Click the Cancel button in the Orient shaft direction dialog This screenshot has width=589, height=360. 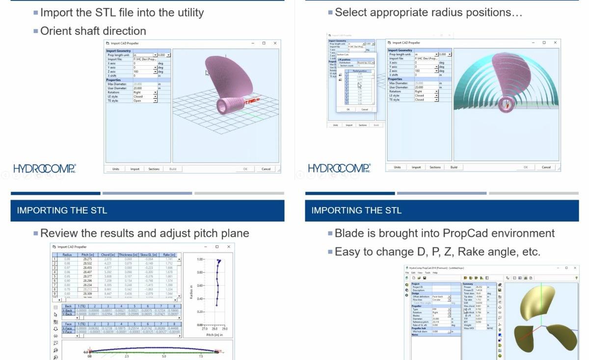[266, 169]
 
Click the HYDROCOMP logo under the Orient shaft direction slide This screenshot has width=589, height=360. [44, 169]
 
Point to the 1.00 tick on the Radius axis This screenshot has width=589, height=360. [200, 259]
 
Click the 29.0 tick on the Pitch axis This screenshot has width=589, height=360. [225, 329]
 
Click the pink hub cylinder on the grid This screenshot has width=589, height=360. [229, 105]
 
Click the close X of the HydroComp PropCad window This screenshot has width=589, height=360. [576, 268]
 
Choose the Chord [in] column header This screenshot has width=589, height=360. [107, 255]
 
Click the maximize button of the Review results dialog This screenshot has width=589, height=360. [217, 247]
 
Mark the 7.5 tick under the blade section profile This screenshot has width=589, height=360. [201, 357]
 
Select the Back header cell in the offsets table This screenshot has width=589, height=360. [68, 306]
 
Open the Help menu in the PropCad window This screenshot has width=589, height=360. [435, 273]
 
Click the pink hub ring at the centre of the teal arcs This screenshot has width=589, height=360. [506, 104]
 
